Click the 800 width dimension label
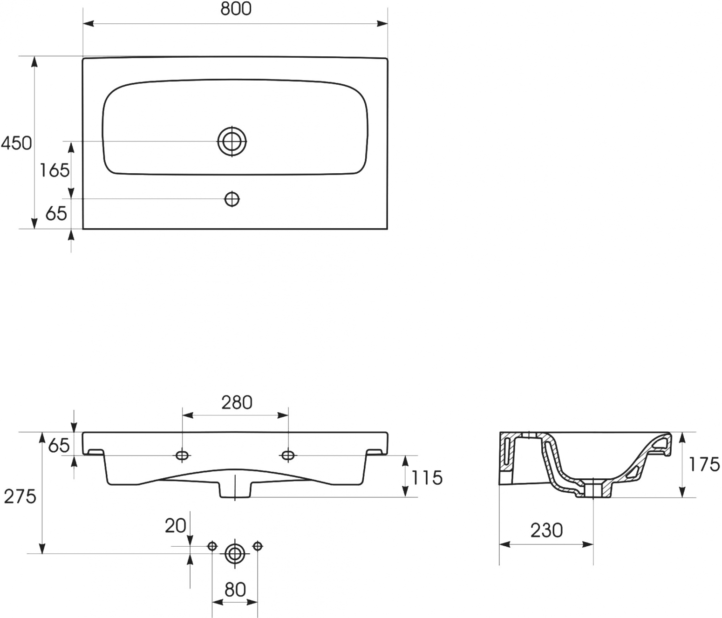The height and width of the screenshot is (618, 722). [x=236, y=9]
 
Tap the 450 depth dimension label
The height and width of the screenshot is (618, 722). [x=16, y=143]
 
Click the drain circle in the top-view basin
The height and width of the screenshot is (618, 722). [x=232, y=141]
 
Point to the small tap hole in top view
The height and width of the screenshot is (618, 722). [x=232, y=199]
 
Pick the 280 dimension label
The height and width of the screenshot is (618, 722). [x=237, y=403]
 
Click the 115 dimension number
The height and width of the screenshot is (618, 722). [x=427, y=478]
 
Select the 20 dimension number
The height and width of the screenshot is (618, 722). [x=176, y=526]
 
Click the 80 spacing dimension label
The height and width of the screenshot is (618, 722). [x=235, y=590]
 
